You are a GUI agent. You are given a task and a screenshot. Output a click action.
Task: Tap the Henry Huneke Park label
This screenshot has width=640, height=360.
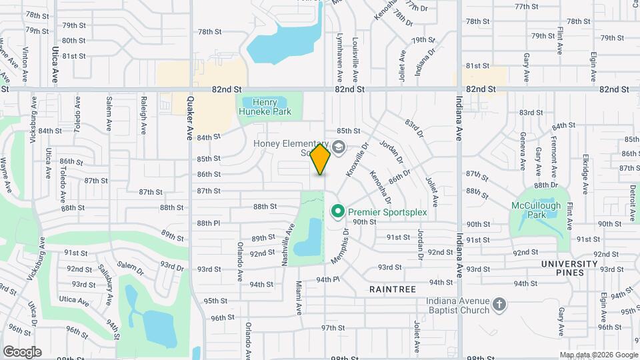tap(269, 107)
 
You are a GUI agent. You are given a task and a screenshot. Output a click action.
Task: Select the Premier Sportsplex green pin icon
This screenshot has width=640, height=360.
tap(338, 212)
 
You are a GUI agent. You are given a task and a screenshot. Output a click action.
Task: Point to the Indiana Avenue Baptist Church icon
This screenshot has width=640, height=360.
tap(499, 305)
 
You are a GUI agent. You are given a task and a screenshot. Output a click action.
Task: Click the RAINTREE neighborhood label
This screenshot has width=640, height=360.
tap(393, 289)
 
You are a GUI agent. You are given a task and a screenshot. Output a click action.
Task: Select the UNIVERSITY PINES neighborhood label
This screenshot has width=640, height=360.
tap(563, 268)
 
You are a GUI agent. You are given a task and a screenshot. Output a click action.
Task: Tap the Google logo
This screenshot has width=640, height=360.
tap(22, 351)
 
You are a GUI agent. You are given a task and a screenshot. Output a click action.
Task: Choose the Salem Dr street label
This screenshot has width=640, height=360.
tap(130, 267)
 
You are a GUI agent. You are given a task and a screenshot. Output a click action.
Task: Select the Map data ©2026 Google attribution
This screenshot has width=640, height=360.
tap(598, 355)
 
